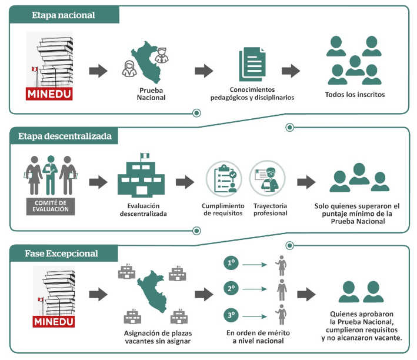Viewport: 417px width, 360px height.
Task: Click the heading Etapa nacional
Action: point(63,15)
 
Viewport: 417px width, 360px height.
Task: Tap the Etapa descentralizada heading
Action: point(64,136)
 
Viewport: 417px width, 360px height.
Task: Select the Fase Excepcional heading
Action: point(61,254)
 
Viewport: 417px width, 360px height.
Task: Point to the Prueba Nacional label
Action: point(152,94)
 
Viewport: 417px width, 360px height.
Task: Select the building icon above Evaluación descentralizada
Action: point(142,176)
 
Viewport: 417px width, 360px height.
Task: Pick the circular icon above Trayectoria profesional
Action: point(268,178)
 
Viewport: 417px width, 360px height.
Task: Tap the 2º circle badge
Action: point(232,289)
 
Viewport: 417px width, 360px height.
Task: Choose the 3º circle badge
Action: point(232,316)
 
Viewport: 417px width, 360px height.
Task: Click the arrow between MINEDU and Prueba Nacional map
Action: point(98,71)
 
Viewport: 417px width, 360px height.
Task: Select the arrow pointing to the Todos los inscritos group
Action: point(291,71)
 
